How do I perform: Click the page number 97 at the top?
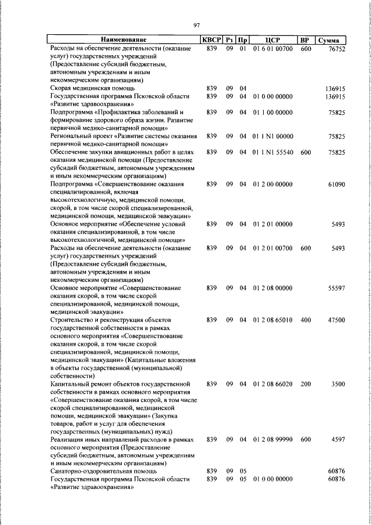197,24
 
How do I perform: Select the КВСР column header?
211,40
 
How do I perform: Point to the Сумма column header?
332,40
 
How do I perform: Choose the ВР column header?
305,40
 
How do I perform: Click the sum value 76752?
336,49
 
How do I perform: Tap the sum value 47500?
336,320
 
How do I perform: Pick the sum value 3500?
338,384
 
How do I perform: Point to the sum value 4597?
338,440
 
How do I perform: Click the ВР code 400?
305,320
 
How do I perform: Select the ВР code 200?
305,384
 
